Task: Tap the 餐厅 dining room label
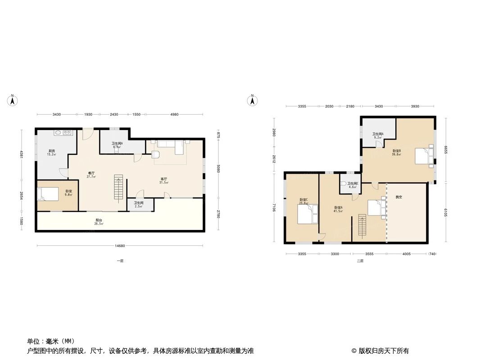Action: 91,175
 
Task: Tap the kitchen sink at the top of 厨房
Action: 63,133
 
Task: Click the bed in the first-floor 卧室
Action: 48,194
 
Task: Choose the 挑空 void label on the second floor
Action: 399,197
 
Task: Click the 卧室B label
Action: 397,152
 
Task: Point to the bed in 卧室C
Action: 308,214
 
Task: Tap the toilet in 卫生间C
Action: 344,184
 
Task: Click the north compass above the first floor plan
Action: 14,100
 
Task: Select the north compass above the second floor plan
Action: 253,100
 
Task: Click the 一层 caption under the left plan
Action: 119,261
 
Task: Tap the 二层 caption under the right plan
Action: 360,261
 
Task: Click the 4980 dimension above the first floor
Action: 174,115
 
